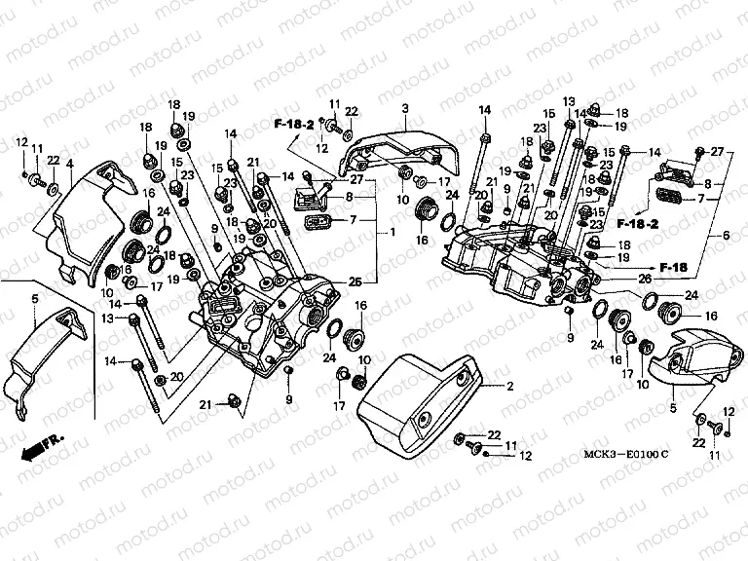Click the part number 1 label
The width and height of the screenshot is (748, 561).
pyautogui.click(x=393, y=234)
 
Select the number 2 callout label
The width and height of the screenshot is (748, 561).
pyautogui.click(x=508, y=387)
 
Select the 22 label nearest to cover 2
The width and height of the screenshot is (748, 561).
pyautogui.click(x=494, y=434)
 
